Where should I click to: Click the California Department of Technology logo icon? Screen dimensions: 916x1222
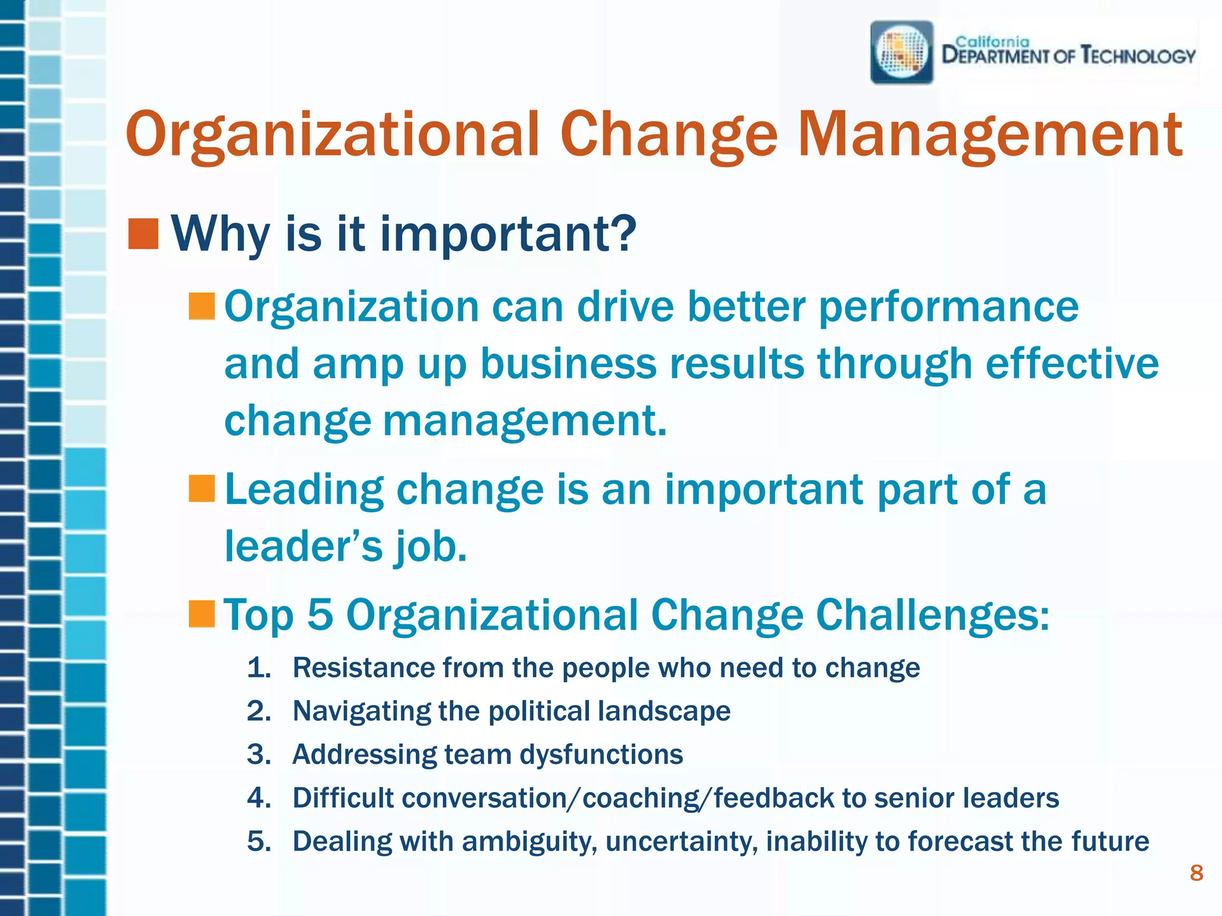click(x=902, y=52)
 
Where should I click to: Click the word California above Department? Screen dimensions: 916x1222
click(x=992, y=42)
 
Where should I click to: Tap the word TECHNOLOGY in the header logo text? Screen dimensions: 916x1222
click(x=1138, y=57)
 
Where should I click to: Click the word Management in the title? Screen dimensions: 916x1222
click(x=990, y=135)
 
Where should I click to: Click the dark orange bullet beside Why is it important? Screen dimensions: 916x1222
click(x=143, y=234)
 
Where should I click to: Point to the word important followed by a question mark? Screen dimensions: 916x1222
click(x=507, y=234)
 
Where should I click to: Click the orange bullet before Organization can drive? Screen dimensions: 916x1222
click(x=202, y=307)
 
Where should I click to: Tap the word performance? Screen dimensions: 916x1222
click(x=948, y=308)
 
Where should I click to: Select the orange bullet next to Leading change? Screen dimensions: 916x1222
click(x=202, y=488)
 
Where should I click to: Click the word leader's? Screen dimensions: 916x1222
click(x=303, y=546)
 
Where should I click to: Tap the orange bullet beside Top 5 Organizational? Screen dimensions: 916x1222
click(x=202, y=614)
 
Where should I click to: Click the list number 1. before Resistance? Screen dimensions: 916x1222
click(x=259, y=668)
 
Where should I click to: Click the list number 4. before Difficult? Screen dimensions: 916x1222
click(x=259, y=799)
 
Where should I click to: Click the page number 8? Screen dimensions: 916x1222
click(x=1196, y=873)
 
